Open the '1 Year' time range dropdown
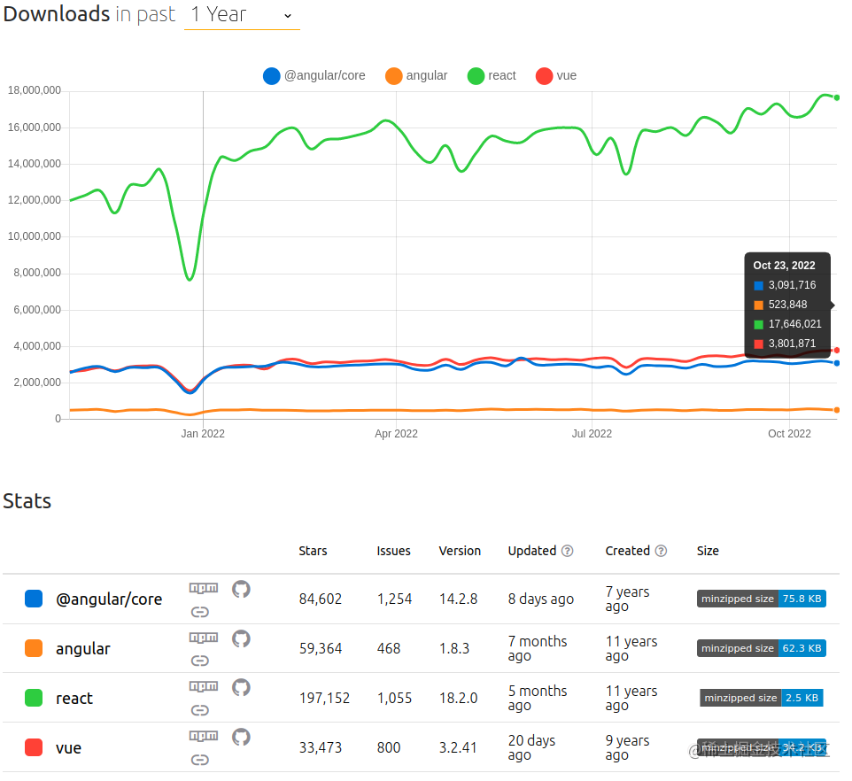tap(242, 15)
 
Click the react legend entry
tap(492, 76)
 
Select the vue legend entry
tap(556, 76)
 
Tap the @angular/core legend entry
tap(314, 76)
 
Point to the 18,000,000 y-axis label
tap(34, 90)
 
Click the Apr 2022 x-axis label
tap(396, 434)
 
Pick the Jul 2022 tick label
tap(592, 434)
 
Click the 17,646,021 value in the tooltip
tap(794, 324)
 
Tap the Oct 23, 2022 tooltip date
tap(784, 266)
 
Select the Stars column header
tap(313, 551)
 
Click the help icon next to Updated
tap(567, 551)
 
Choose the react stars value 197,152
tap(324, 699)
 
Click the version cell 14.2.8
tap(458, 599)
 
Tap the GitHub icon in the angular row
tap(241, 638)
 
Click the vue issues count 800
tap(388, 748)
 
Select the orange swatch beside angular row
tap(34, 649)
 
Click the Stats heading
tap(27, 501)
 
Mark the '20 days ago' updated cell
tap(531, 748)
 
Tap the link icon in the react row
tap(200, 710)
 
